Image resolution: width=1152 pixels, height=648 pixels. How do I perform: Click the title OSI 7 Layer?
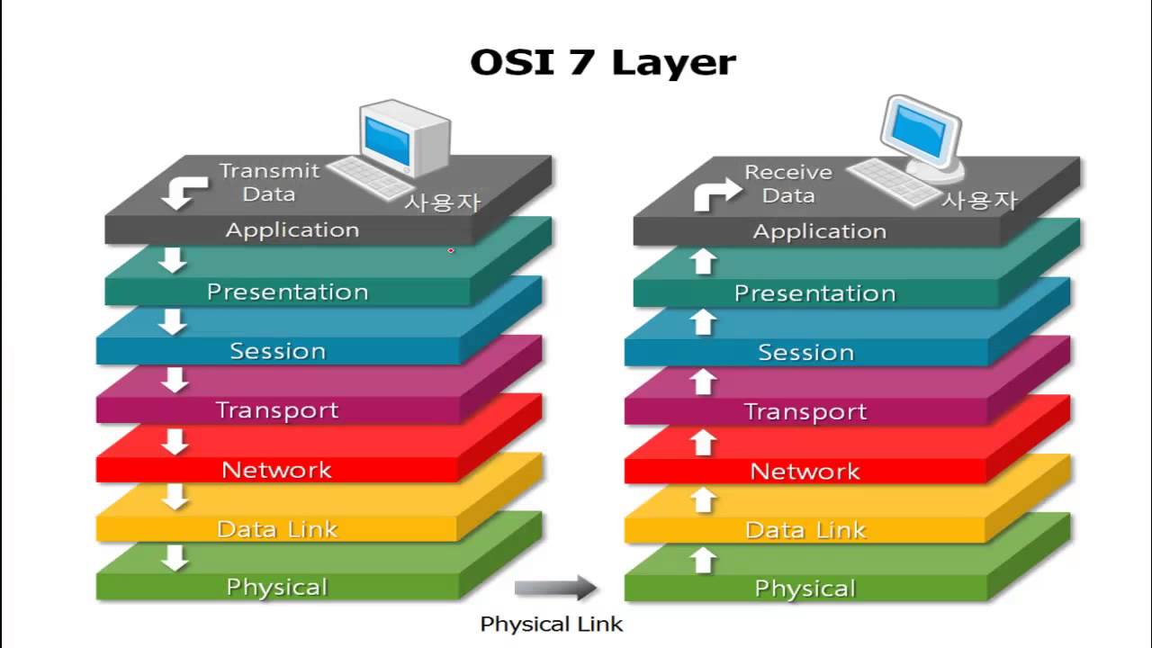pyautogui.click(x=603, y=63)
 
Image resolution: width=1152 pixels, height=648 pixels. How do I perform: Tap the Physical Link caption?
pyautogui.click(x=551, y=624)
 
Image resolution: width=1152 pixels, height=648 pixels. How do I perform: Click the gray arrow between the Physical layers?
pyautogui.click(x=555, y=589)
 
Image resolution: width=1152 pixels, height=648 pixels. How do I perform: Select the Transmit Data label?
pyautogui.click(x=269, y=182)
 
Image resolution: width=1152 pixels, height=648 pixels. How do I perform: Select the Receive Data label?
pyautogui.click(x=788, y=184)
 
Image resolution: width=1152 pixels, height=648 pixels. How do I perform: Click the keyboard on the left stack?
pyautogui.click(x=372, y=177)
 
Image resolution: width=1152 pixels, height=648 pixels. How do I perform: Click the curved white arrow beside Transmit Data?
pyautogui.click(x=183, y=191)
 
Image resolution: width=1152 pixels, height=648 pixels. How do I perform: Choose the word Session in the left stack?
pyautogui.click(x=277, y=351)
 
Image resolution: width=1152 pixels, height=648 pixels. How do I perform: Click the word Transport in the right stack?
pyautogui.click(x=805, y=412)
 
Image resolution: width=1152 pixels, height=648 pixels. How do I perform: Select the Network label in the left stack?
pyautogui.click(x=276, y=470)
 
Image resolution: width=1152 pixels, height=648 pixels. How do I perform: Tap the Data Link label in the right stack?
pyautogui.click(x=805, y=531)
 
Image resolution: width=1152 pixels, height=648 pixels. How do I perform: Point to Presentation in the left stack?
pyautogui.click(x=287, y=292)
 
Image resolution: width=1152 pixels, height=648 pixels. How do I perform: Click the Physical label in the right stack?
pyautogui.click(x=805, y=589)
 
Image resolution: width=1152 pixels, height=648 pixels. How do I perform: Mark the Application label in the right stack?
pyautogui.click(x=819, y=232)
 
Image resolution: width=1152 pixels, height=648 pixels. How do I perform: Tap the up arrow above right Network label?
pyautogui.click(x=704, y=442)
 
